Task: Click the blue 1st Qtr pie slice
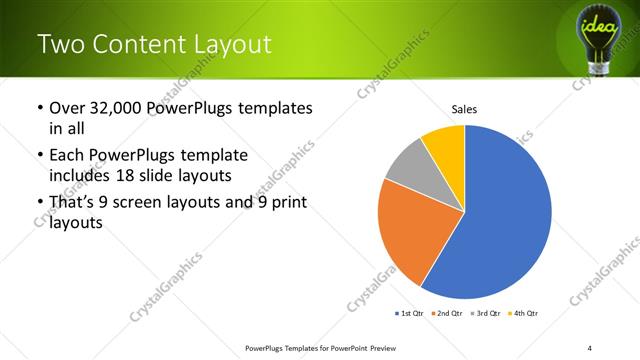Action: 510,220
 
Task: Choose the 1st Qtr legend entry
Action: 409,314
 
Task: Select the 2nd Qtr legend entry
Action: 447,314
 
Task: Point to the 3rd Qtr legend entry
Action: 485,314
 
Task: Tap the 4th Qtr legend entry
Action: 523,314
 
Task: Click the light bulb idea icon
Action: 600,32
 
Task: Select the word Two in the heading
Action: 58,43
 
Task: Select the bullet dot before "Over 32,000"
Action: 38,108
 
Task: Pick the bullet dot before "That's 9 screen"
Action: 38,203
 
